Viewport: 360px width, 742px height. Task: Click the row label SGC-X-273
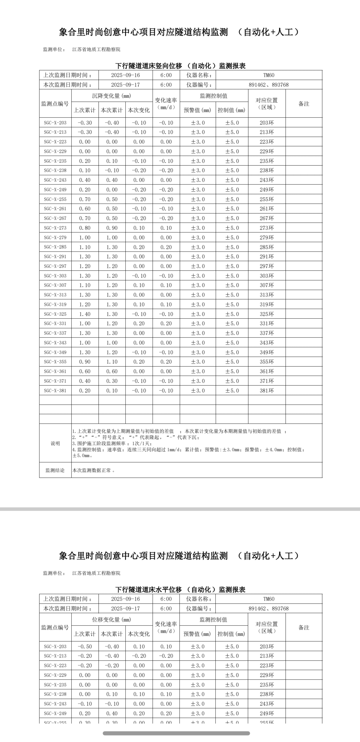(55, 228)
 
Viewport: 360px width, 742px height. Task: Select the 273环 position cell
(267, 228)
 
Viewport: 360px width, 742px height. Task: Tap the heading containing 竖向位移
(180, 66)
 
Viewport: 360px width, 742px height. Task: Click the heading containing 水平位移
(180, 590)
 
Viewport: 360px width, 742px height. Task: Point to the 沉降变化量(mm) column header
(112, 96)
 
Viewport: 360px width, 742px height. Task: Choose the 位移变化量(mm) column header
(112, 620)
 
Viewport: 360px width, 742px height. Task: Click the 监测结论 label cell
(55, 470)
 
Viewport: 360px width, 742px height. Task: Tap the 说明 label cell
(55, 443)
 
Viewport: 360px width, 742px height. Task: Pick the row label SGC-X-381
(55, 391)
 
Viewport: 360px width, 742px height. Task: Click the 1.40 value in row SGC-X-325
(85, 314)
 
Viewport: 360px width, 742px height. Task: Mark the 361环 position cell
(267, 371)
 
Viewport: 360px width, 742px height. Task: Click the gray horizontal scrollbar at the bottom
(176, 733)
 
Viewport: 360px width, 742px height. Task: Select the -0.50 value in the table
(85, 646)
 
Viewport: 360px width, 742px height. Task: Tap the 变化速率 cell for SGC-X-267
(166, 218)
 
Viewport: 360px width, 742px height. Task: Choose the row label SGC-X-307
(55, 285)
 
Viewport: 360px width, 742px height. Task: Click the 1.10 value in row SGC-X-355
(112, 362)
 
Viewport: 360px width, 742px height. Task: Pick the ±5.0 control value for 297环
(232, 266)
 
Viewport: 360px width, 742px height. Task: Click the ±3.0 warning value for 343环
(198, 343)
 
